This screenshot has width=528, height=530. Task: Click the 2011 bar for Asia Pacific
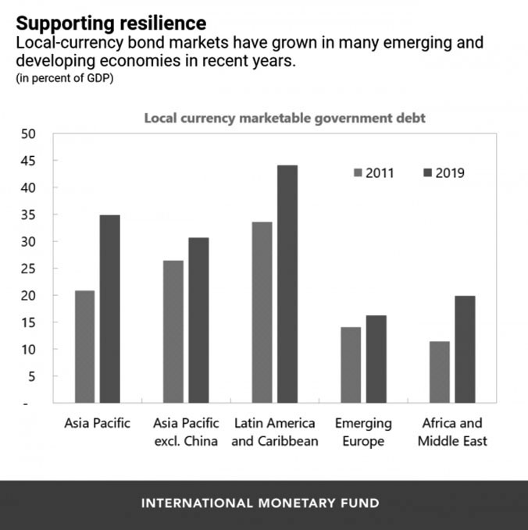tap(84, 347)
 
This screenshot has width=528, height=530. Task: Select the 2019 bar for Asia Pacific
tap(110, 309)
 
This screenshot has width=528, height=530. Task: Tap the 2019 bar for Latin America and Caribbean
tap(287, 284)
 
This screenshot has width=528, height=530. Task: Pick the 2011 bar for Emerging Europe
tap(351, 365)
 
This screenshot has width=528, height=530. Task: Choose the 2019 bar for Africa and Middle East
tap(465, 350)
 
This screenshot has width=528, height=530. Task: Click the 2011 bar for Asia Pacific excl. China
tap(173, 332)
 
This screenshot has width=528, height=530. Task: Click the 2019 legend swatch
tap(426, 173)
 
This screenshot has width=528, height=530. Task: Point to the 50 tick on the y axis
tap(29, 134)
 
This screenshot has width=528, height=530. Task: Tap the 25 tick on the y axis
tap(29, 269)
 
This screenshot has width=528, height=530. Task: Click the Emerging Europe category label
tap(363, 432)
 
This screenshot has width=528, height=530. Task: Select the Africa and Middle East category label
tap(452, 432)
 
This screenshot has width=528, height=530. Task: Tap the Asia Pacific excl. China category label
tap(186, 432)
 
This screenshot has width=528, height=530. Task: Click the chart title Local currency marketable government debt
tap(284, 118)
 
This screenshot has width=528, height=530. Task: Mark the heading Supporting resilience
tap(111, 22)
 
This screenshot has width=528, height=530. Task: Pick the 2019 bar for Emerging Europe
tap(376, 359)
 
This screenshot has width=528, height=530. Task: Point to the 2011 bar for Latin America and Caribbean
tap(262, 312)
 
